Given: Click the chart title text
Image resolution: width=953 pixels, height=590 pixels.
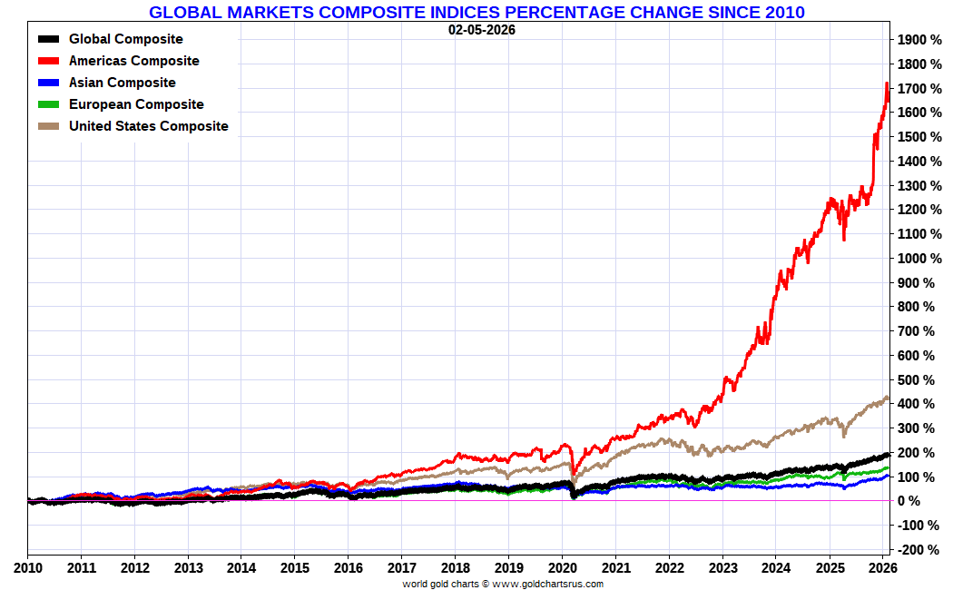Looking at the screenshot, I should tap(476, 12).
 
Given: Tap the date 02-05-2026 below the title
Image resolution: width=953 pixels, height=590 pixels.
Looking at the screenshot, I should tap(482, 29).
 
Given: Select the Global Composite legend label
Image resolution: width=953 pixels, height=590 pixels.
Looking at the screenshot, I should tap(125, 39).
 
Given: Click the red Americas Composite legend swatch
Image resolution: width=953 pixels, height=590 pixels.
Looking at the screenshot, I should tap(50, 61).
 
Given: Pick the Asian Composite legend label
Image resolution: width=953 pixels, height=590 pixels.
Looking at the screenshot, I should tap(123, 83).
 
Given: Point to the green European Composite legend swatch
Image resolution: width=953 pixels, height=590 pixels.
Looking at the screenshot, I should tap(50, 104).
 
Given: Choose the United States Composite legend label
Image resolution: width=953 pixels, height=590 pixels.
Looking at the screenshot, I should tap(149, 126).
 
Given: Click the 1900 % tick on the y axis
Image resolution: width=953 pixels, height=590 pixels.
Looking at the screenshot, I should tap(921, 40).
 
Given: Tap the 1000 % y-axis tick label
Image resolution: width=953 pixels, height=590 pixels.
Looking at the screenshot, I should tap(921, 259).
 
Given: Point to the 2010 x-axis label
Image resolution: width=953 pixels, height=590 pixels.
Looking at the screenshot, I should tap(27, 567).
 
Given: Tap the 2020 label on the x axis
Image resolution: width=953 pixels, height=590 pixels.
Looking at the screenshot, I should tap(562, 567).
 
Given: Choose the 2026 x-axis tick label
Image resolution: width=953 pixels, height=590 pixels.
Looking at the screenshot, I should tap(882, 567).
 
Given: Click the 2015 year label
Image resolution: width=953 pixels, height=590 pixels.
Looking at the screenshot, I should tap(295, 567).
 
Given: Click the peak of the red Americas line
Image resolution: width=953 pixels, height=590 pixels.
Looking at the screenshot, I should tap(886, 84).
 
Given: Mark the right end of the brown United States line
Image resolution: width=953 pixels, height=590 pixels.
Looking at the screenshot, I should tap(887, 398).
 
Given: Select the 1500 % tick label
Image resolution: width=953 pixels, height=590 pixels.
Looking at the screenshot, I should tap(921, 137).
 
